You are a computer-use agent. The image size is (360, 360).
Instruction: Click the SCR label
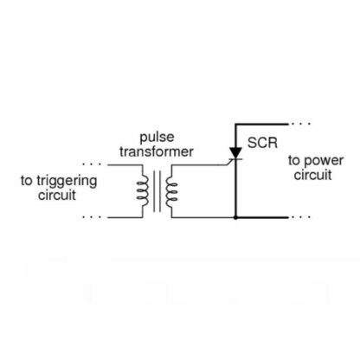pos(262,143)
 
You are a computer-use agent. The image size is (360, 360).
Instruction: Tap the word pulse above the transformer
pos(157,138)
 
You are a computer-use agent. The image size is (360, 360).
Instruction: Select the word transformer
pos(157,151)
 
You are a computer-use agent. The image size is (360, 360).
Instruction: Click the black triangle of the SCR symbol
pos(235,152)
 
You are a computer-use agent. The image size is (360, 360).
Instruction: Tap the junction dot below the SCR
pos(235,217)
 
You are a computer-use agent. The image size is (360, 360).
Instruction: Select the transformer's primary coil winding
pos(143,190)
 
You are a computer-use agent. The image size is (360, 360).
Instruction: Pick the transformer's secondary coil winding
pos(171,192)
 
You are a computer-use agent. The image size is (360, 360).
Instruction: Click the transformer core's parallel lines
pos(157,191)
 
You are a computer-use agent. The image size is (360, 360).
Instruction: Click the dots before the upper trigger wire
pos(92,164)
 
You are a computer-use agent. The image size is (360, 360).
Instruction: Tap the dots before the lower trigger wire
pos(92,216)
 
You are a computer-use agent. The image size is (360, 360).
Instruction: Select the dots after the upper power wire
pos(300,124)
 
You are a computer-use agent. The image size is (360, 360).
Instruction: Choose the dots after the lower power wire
pos(300,216)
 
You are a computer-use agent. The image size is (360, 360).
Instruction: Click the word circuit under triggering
pos(57,195)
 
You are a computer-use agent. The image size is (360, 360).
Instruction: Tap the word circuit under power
pos(312,175)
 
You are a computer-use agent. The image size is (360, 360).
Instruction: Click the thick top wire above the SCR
pos(261,124)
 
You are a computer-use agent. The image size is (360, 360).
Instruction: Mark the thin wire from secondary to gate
pos(198,165)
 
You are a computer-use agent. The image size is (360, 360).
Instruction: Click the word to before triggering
pos(27,181)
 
